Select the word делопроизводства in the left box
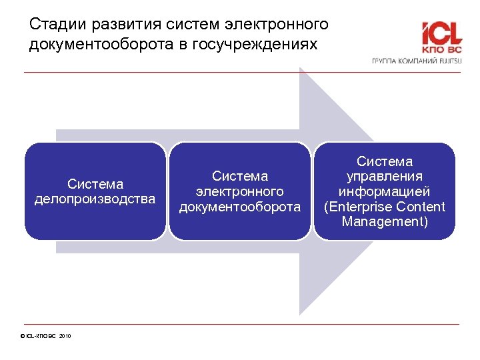tap(95, 199)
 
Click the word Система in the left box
tap(95, 184)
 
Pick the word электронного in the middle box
tap(239, 191)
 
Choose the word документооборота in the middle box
tap(239, 207)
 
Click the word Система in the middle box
tap(239, 176)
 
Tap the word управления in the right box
tap(385, 176)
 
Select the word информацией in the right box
tap(385, 191)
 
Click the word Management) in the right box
tap(385, 221)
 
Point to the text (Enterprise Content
tap(385, 207)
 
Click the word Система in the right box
tap(385, 161)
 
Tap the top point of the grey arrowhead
tap(301, 69)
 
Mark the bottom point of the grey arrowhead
tap(301, 313)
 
